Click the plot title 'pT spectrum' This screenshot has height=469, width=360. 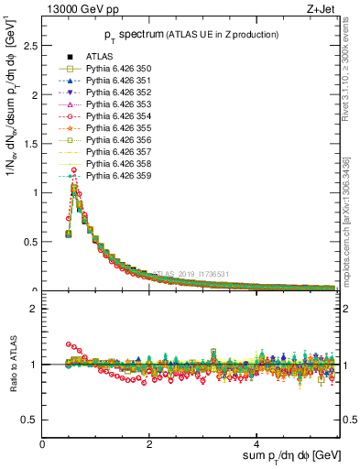pos(133,35)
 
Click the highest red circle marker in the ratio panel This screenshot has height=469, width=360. pos(69,344)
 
